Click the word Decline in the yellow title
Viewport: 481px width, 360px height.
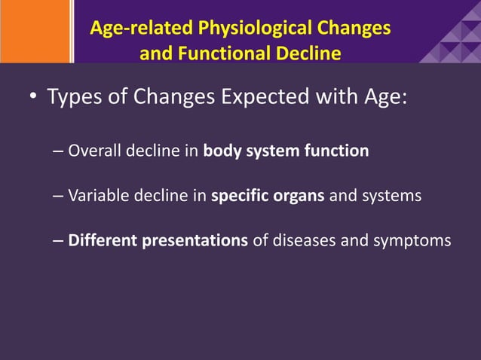[307, 53]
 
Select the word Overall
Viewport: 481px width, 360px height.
[94, 151]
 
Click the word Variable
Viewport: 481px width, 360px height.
[97, 197]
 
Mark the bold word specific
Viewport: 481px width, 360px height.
[239, 197]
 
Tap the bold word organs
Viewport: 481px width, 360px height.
[299, 197]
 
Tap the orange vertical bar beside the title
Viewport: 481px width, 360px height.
[72, 31]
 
